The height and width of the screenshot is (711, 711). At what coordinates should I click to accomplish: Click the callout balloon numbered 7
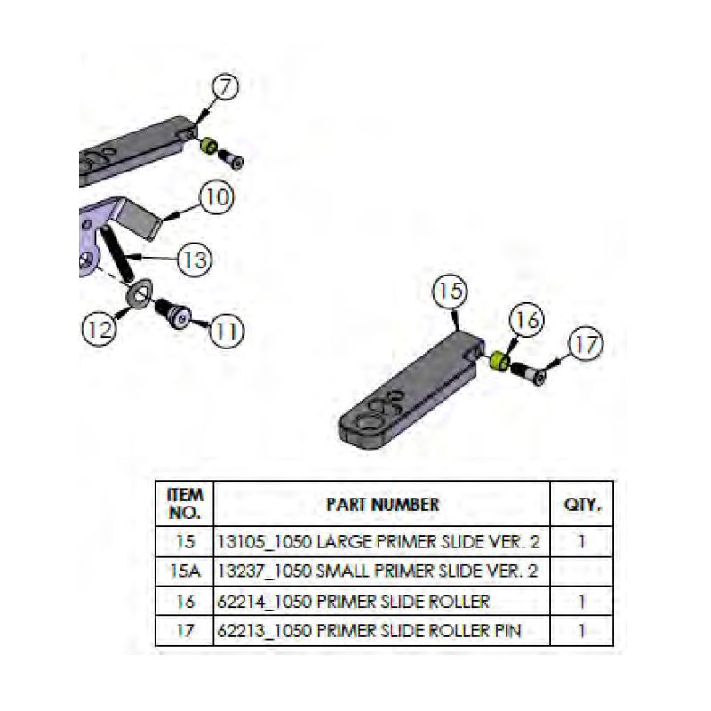227,87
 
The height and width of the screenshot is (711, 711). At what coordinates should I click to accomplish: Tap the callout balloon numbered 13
194,260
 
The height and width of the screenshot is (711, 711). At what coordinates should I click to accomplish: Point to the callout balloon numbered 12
100,328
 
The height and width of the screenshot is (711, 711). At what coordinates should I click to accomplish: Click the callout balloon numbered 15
451,292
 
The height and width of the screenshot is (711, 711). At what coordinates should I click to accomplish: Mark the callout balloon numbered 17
584,346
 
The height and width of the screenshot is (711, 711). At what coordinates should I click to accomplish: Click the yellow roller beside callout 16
499,361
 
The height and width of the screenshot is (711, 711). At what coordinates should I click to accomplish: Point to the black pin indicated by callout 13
119,252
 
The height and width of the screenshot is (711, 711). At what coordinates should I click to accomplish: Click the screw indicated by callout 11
172,314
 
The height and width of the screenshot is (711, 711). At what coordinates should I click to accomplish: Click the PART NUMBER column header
382,505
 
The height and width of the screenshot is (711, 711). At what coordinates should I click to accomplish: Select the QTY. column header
582,505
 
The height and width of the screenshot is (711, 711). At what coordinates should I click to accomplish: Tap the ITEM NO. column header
185,505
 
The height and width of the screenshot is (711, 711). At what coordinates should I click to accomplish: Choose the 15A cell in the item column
185,571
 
